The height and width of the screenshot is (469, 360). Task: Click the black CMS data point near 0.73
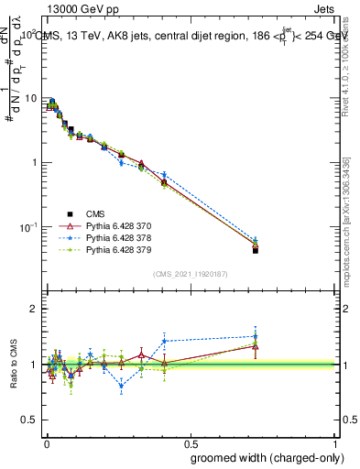256,250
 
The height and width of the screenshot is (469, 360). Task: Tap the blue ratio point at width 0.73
256,336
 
